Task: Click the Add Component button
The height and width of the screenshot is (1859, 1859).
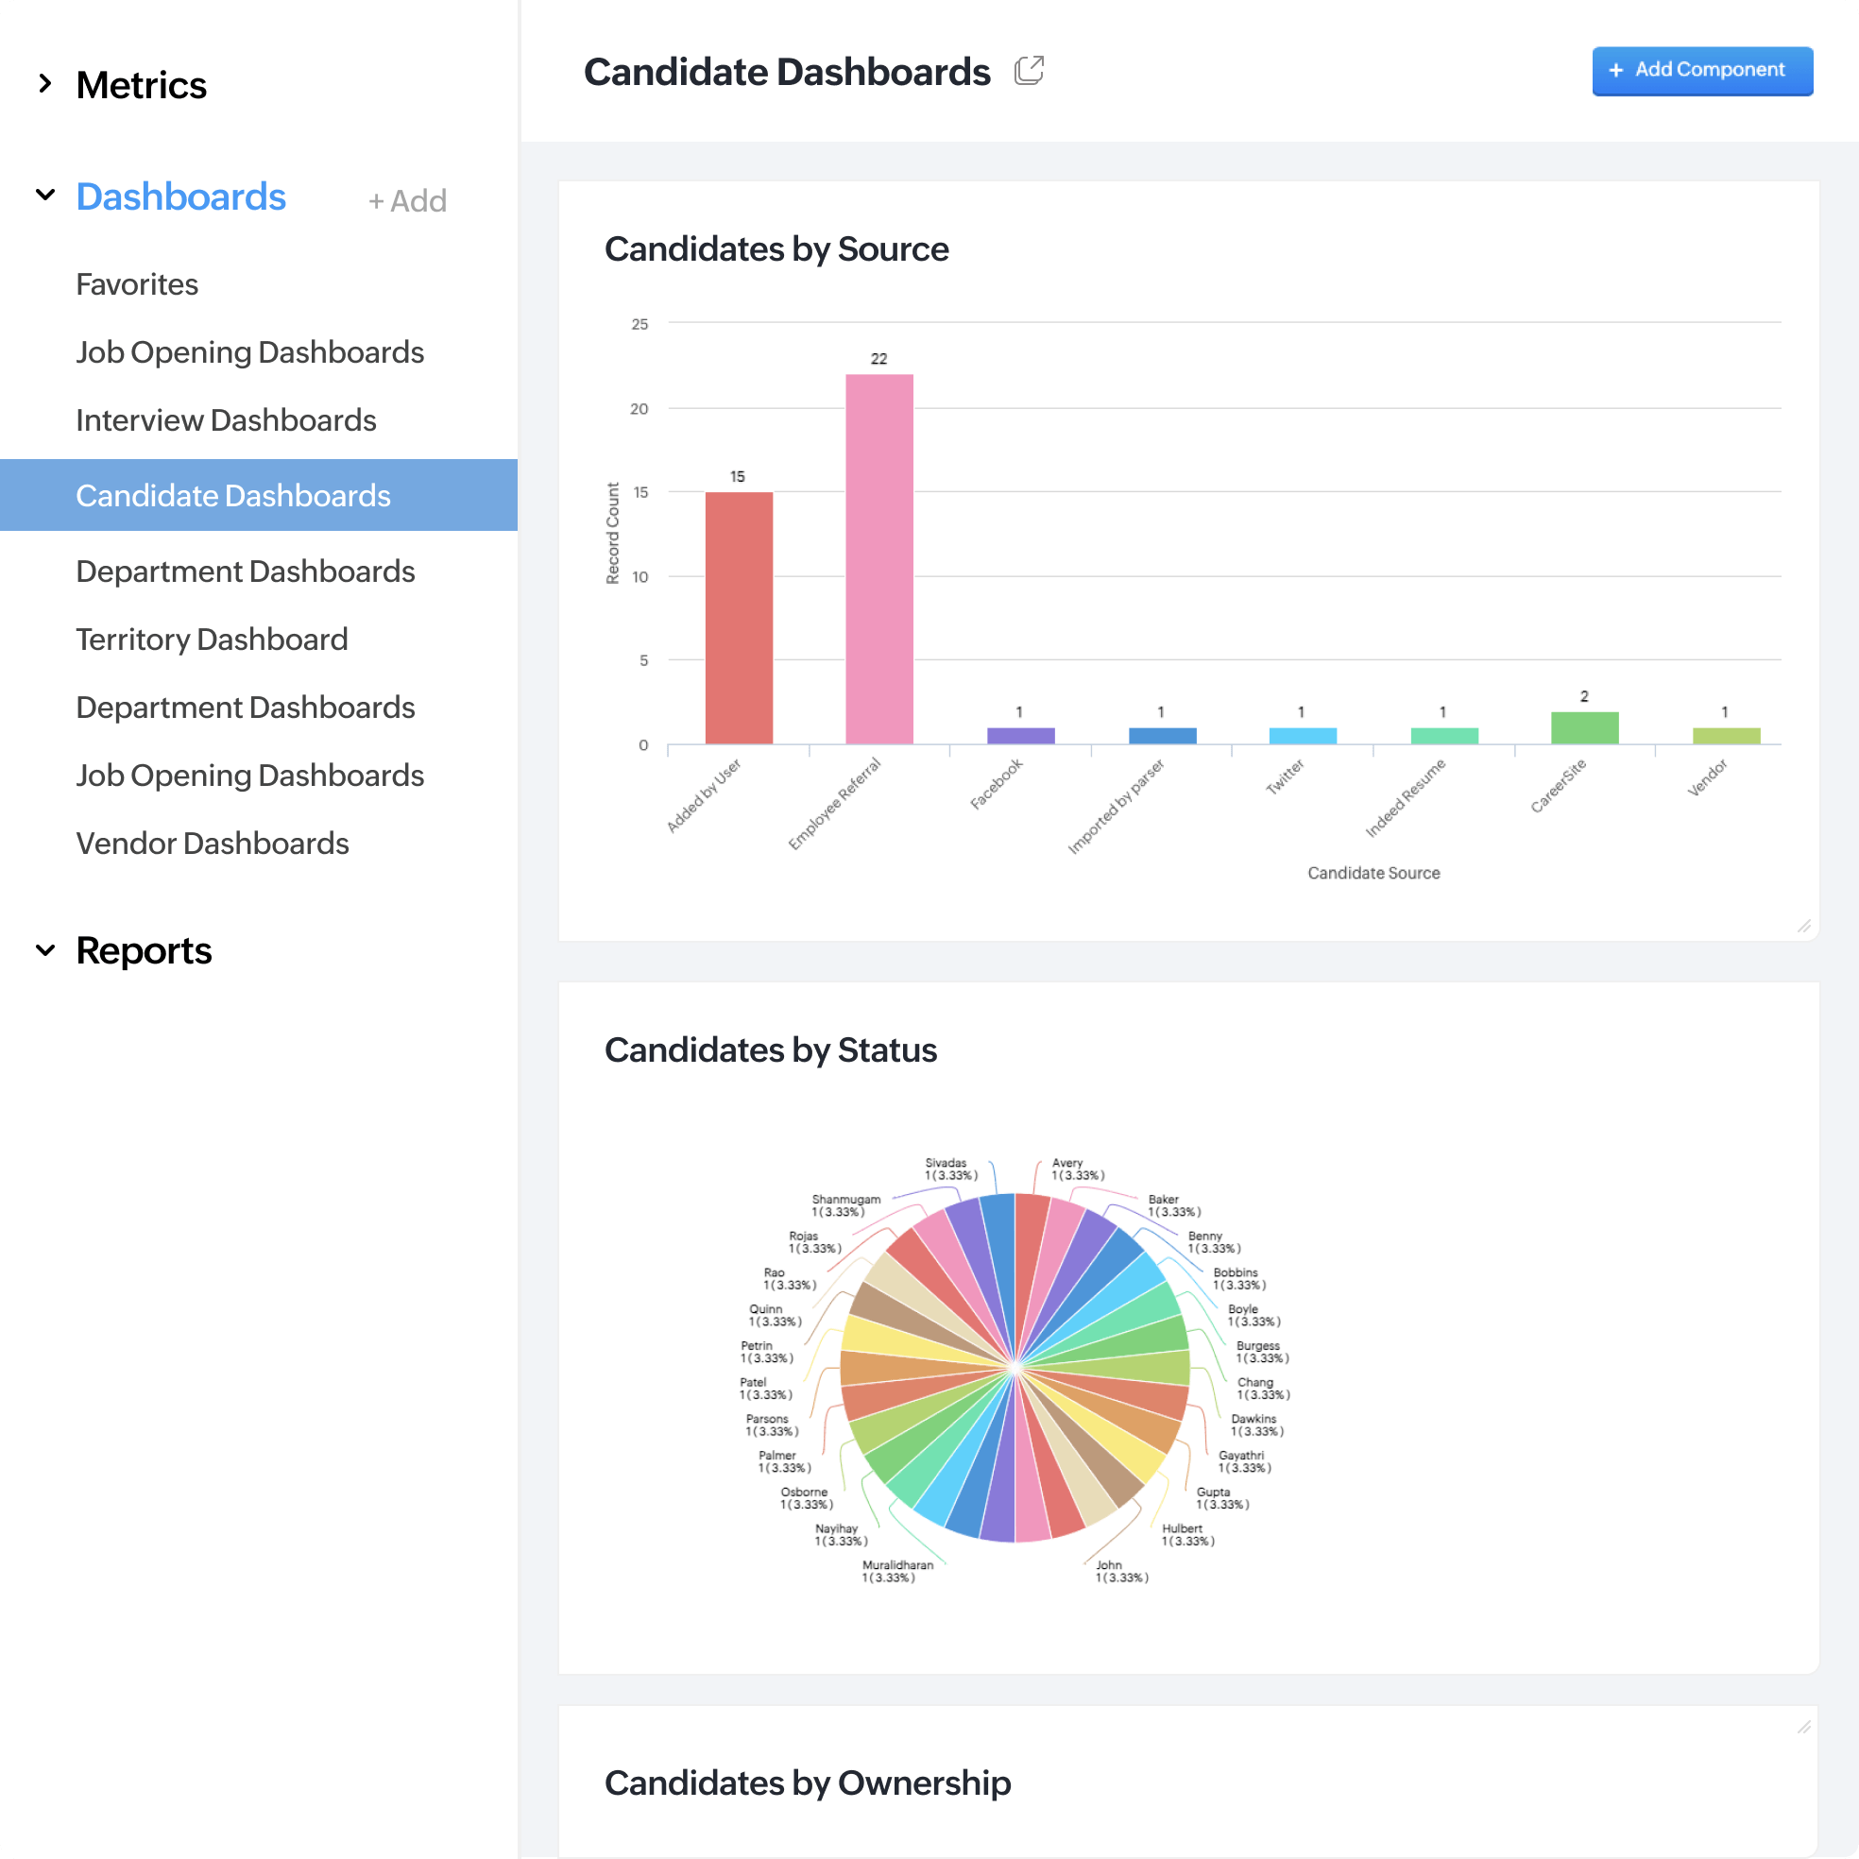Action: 1701,70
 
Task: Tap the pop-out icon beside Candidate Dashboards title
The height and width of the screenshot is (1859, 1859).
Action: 1029,70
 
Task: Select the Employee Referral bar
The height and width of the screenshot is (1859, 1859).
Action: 878,558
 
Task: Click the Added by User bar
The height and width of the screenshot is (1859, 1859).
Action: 738,617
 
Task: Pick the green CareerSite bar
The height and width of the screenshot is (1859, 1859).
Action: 1584,727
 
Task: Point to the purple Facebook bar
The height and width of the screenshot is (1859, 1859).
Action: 1020,735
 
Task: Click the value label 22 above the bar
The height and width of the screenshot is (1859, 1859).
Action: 878,359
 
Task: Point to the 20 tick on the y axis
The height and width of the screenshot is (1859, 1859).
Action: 639,409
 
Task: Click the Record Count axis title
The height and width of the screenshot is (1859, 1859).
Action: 613,533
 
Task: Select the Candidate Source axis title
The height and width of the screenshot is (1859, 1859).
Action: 1373,873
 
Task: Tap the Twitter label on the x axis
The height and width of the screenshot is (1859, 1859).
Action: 1285,776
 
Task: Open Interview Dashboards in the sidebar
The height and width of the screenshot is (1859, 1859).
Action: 226,420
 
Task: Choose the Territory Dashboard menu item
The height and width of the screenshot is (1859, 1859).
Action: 212,640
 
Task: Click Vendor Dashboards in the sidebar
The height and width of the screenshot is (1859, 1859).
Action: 212,844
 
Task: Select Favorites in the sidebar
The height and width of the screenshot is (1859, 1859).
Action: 137,285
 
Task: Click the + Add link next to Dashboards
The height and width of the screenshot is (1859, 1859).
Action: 407,201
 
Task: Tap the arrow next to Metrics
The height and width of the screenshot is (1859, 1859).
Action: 45,84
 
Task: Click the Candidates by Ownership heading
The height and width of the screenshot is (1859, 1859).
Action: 808,1783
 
